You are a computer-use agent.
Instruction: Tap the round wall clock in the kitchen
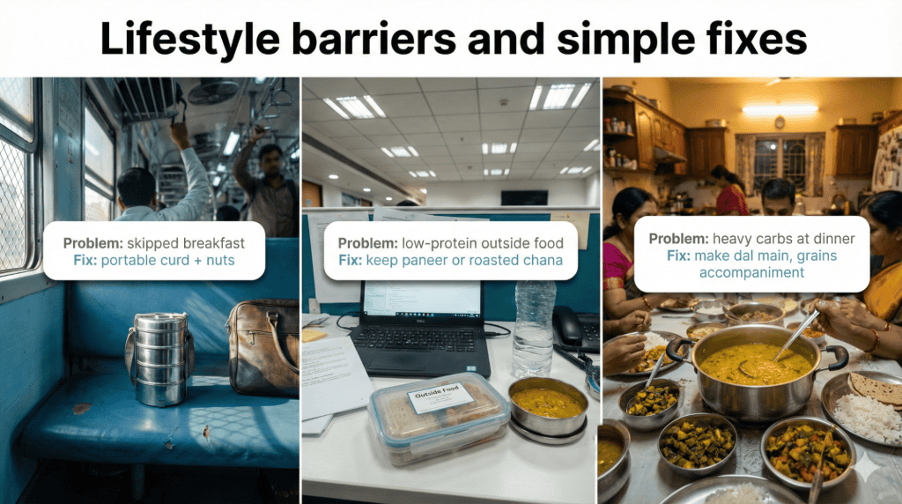[x=780, y=122]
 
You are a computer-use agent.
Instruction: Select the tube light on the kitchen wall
[x=780, y=109]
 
